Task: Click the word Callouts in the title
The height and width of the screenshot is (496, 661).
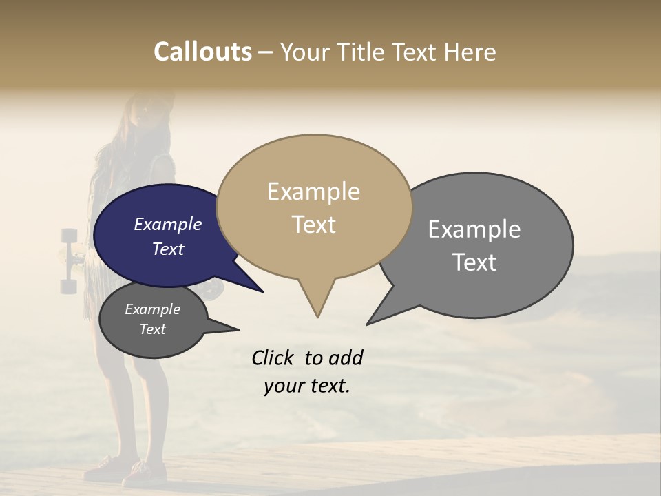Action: click(202, 52)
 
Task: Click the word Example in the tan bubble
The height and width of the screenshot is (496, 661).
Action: click(313, 192)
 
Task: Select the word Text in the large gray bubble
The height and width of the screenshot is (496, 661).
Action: click(474, 262)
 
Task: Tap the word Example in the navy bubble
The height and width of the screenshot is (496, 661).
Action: click(168, 224)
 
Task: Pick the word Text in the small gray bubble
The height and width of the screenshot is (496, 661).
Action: click(153, 329)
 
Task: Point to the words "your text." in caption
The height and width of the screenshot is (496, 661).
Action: click(307, 386)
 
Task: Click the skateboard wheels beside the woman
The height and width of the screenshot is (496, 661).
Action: click(69, 260)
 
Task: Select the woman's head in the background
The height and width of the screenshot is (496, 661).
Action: click(148, 114)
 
